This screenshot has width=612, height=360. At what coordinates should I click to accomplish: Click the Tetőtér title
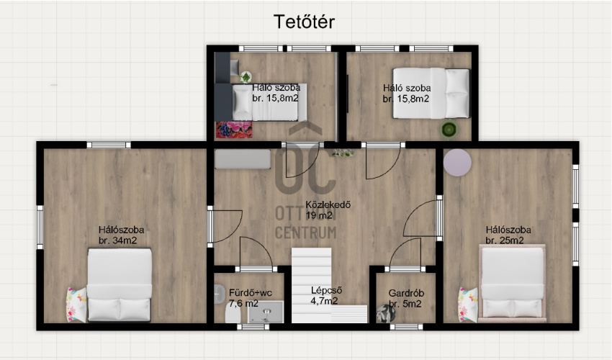tap(304, 22)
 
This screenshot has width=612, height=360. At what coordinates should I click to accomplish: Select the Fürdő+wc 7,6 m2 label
tap(250, 297)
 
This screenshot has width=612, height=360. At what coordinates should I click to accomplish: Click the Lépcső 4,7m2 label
tap(326, 295)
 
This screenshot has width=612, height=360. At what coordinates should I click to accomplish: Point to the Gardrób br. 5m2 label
tap(406, 298)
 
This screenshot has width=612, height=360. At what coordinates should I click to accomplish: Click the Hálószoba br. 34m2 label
tap(121, 235)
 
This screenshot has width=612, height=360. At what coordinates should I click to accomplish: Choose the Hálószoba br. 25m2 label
tap(508, 235)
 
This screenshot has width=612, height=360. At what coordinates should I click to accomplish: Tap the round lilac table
tap(457, 163)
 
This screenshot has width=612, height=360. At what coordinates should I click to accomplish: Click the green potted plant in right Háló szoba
tap(449, 130)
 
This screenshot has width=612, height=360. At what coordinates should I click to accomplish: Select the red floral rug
tap(234, 130)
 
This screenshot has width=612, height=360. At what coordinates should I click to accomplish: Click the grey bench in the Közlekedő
tap(243, 159)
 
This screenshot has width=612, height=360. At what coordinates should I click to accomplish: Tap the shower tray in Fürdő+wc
tap(266, 312)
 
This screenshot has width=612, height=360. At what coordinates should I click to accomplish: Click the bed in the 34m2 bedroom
tap(120, 285)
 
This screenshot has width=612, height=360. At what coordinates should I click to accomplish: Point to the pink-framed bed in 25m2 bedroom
tap(513, 284)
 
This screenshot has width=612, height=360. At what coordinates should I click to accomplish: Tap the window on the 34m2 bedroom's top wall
tap(109, 145)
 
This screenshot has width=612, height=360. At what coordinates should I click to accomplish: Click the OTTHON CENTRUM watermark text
tap(305, 222)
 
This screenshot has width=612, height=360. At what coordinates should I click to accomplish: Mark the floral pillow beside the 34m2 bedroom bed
tap(76, 305)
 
